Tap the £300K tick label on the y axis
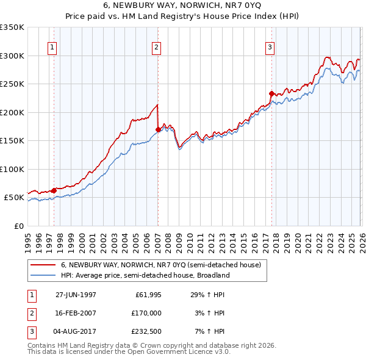[12, 56]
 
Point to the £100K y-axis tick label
[12, 169]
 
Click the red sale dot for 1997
[54, 190]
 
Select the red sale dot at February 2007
[158, 129]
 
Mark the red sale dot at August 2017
[271, 93]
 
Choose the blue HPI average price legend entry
[145, 275]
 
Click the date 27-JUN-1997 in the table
[76, 295]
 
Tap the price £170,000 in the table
[147, 312]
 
